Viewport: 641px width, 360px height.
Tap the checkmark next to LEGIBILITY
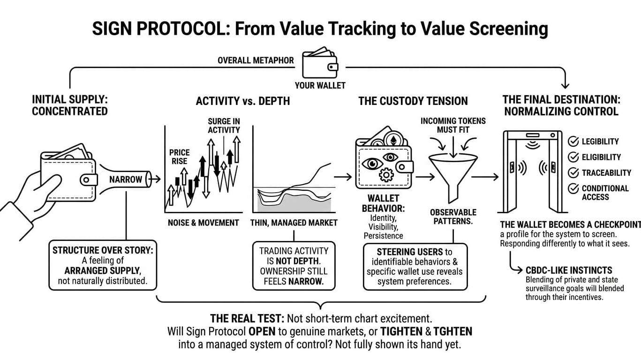coord(573,142)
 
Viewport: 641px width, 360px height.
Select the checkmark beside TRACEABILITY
coord(573,172)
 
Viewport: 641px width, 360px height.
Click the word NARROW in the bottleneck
coord(126,180)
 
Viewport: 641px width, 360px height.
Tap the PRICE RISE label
coord(179,157)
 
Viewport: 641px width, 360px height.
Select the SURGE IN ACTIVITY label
coord(224,126)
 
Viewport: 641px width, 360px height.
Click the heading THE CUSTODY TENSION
coord(413,101)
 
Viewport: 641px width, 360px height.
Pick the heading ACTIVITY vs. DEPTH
coord(242,101)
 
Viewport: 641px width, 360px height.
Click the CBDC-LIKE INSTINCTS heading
coord(569,270)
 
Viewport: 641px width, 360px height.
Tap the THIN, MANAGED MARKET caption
coord(294,223)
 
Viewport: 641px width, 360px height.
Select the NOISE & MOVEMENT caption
coord(203,223)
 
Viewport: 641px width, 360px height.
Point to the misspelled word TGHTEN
coord(453,331)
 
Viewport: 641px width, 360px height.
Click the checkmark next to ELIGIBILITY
coord(573,157)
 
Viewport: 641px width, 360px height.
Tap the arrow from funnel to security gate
coord(485,177)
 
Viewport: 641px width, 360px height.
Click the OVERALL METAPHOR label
coord(256,60)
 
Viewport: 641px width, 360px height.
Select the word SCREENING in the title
coord(505,29)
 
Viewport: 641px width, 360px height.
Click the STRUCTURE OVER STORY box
coord(103,265)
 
